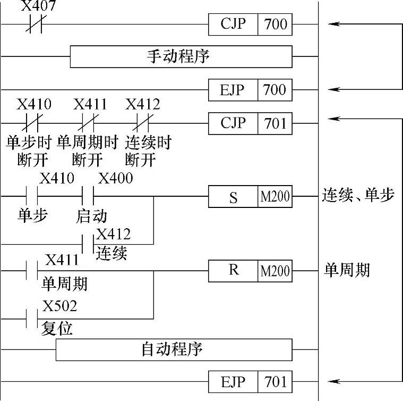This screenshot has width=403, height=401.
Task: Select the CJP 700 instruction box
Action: coord(250,24)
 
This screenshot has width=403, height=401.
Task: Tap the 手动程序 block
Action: coord(181,56)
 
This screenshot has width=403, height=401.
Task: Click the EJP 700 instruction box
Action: coord(250,89)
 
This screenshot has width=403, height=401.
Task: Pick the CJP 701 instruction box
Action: coord(250,123)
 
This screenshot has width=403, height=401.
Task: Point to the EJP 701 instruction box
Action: coord(250,381)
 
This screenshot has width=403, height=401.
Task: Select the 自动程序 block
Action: coord(174,350)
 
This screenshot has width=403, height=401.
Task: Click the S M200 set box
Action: coord(250,197)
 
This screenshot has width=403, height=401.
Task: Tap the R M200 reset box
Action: coord(250,271)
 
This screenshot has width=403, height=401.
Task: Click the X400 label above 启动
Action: coord(115,178)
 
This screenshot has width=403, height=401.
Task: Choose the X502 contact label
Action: coord(59,306)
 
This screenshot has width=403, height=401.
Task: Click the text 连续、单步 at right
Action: coord(358,196)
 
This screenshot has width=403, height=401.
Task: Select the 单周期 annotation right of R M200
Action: coord(347,270)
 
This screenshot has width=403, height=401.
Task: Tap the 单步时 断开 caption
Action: coord(29,151)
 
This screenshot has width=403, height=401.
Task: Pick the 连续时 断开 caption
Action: coord(148,151)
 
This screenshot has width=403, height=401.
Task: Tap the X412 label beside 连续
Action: coord(114,233)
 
